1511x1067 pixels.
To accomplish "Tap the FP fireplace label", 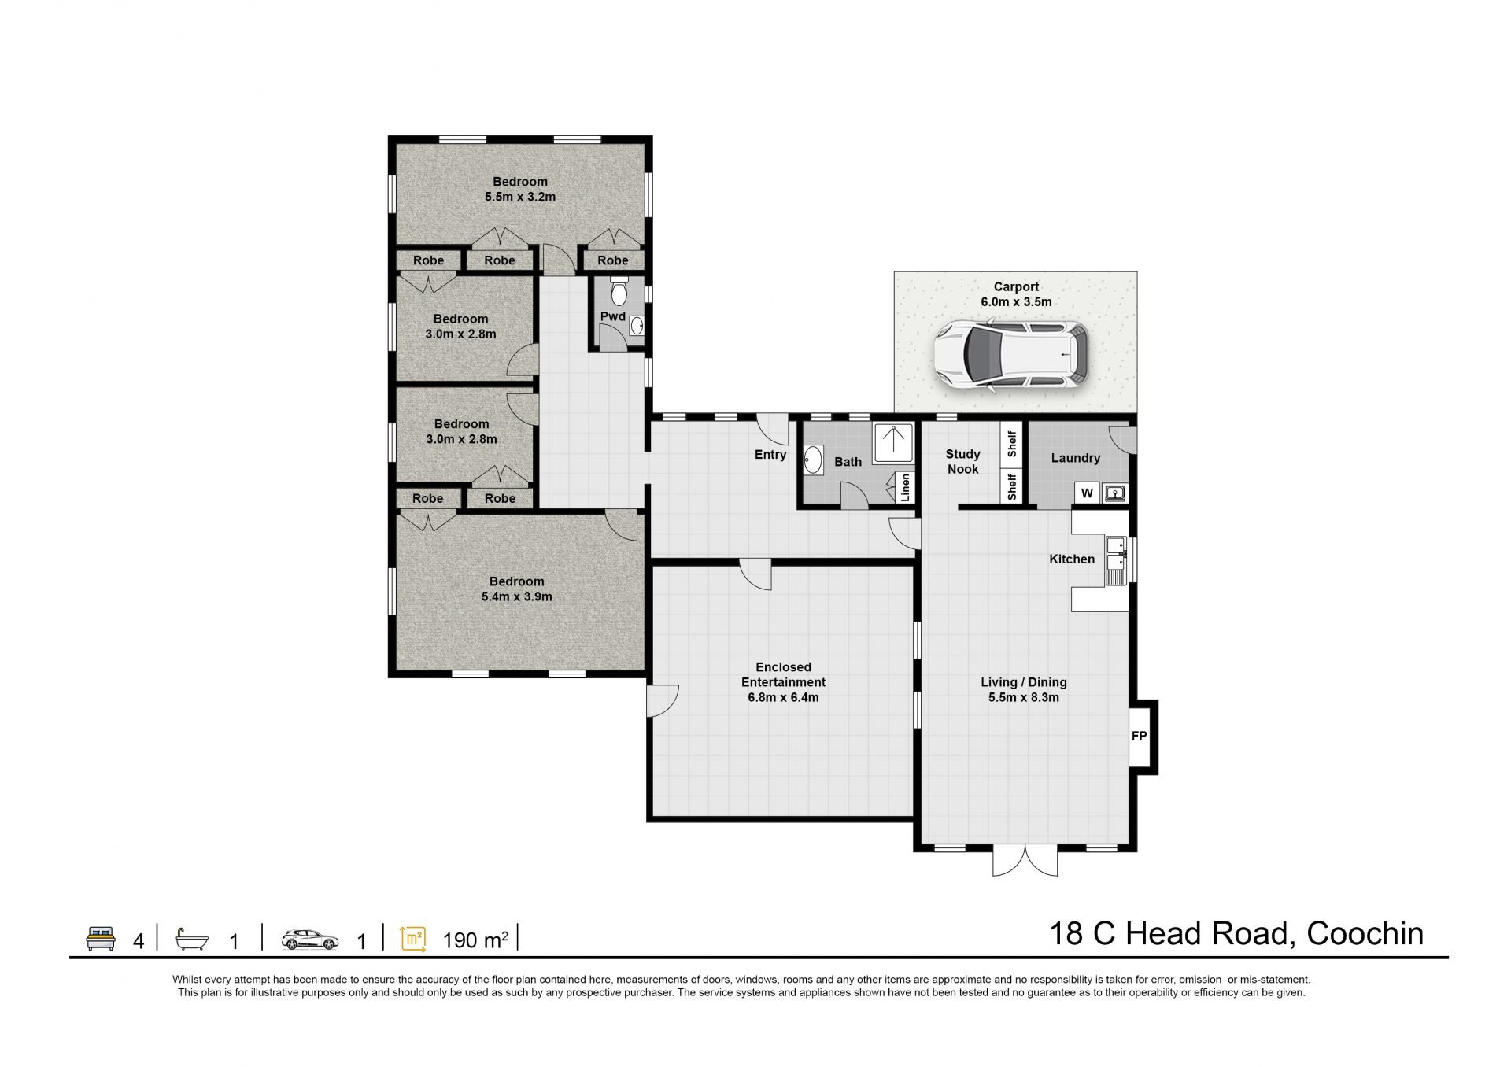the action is click(1139, 737).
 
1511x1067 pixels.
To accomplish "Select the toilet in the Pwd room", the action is click(619, 292).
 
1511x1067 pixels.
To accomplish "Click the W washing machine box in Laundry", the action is click(1087, 493).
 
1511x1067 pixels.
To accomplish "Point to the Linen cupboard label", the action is click(905, 487).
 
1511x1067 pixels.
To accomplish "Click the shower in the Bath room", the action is click(893, 444).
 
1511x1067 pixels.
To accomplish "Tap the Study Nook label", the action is click(963, 462).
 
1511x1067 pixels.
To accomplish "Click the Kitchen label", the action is click(1072, 559).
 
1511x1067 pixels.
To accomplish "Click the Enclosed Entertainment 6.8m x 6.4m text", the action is click(783, 682).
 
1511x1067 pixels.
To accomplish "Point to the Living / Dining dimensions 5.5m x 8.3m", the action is click(1024, 697).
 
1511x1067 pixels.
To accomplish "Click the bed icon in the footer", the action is click(101, 939).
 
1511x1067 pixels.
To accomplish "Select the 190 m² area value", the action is click(475, 940).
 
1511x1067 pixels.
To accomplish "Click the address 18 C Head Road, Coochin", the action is click(1236, 934).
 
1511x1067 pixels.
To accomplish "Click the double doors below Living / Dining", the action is click(1025, 862).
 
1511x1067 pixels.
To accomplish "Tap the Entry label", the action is click(770, 455).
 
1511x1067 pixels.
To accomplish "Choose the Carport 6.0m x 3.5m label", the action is click(1016, 294).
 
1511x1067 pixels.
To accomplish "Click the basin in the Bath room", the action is click(813, 460).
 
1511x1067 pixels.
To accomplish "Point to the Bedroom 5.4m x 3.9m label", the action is click(517, 589).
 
